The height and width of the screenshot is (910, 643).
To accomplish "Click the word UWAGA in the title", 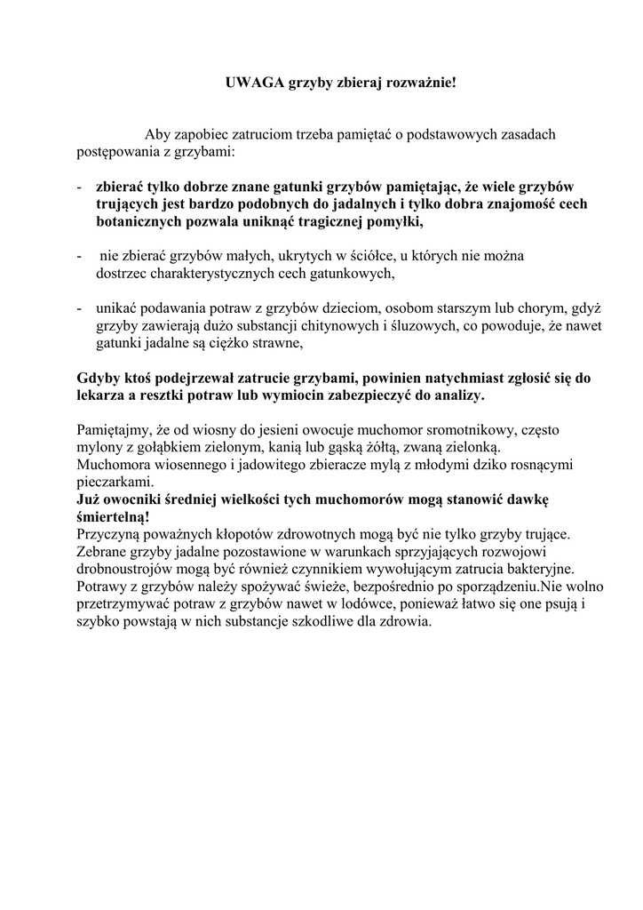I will click(251, 84).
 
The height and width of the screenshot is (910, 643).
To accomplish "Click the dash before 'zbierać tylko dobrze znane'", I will click(80, 188).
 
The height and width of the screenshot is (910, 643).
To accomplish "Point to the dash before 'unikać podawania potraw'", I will click(80, 308).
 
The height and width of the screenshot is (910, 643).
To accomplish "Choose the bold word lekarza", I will click(99, 394).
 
